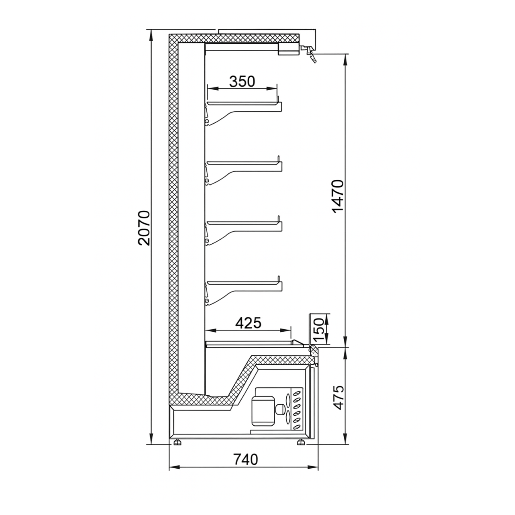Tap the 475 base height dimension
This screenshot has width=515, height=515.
[339, 397]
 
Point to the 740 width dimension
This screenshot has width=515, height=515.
[246, 459]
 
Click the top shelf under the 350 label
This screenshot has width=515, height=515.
[243, 104]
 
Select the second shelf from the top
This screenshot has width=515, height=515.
[243, 163]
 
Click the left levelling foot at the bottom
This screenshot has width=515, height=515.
[177, 442]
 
